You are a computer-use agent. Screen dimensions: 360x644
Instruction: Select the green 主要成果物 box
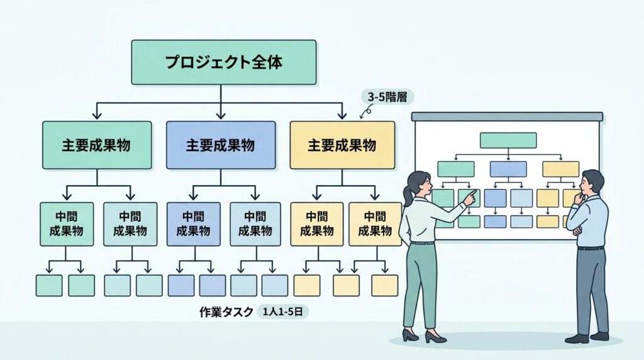[97, 145]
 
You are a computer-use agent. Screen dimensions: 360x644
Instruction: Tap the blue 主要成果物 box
[220, 145]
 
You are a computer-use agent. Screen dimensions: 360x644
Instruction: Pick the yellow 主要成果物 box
[342, 145]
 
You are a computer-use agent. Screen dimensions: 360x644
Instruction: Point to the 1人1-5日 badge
[282, 312]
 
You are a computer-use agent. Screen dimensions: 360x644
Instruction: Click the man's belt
[590, 248]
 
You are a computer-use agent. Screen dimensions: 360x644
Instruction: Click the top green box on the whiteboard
[508, 140]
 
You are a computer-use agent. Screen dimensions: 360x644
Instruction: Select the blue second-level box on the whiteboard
[508, 169]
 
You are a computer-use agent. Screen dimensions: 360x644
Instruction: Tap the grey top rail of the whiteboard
[507, 116]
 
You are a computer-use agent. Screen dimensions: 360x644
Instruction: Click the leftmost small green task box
[49, 285]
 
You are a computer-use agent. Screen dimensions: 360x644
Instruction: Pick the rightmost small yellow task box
[384, 285]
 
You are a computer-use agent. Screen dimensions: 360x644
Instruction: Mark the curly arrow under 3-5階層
[364, 111]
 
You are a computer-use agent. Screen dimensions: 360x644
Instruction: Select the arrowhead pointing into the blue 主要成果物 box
[220, 115]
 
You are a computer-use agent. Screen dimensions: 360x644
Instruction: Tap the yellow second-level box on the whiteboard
[560, 169]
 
